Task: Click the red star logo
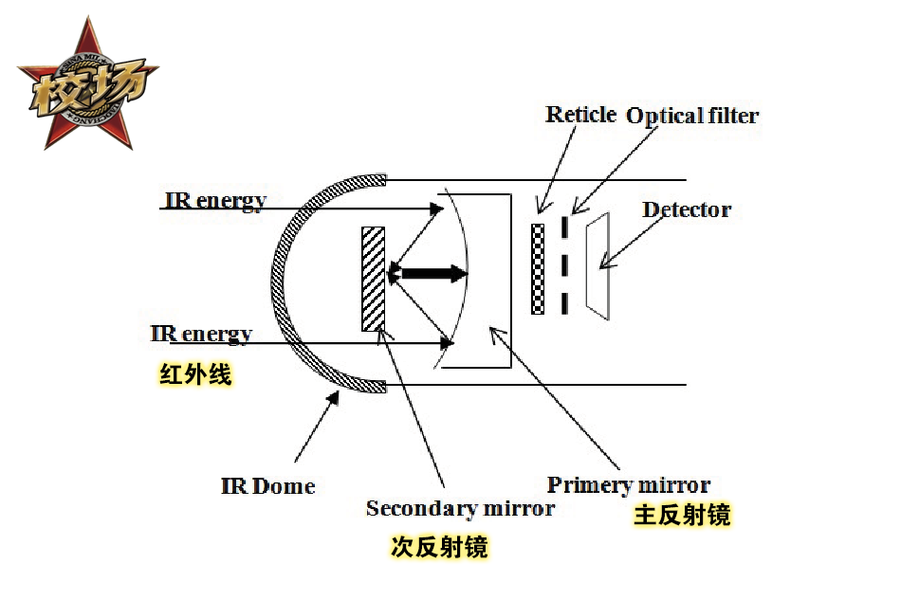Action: point(87,85)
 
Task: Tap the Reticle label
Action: point(580,115)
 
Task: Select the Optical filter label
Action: point(692,116)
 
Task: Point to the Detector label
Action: point(687,209)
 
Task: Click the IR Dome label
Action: point(267,486)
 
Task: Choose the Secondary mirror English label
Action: point(460,508)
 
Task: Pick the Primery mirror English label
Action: point(629,485)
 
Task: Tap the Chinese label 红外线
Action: point(195,375)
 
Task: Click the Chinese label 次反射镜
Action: point(439,548)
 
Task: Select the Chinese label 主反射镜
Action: point(682,516)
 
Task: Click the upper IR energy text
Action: point(215,201)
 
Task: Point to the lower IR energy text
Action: point(201,334)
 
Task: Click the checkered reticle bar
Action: point(538,268)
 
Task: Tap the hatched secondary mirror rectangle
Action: point(374,278)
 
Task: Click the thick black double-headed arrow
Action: point(429,274)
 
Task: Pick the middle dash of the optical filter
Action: point(565,265)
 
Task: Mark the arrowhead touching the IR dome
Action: point(334,399)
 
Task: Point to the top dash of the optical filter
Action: point(565,227)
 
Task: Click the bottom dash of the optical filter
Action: point(565,303)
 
